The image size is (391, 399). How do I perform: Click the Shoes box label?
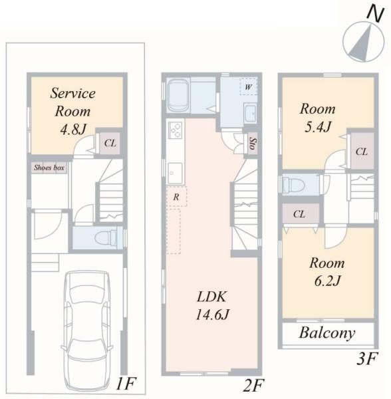49,168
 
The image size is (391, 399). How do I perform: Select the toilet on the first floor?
106,238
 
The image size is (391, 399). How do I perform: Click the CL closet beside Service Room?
110,143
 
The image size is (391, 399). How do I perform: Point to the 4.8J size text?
73,129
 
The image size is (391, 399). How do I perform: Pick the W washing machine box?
248,86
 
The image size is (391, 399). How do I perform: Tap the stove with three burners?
176,130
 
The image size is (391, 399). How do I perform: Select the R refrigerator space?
176,196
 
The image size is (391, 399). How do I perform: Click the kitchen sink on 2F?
175,173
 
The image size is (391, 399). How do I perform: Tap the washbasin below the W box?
250,113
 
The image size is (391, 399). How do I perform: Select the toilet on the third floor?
293,185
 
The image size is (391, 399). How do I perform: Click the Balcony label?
327,333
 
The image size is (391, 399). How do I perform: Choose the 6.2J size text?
327,281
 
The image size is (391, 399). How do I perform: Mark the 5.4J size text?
318,126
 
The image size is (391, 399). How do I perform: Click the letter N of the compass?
375,14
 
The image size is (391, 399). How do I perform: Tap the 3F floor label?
366,358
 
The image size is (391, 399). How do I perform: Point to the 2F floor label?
253,385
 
